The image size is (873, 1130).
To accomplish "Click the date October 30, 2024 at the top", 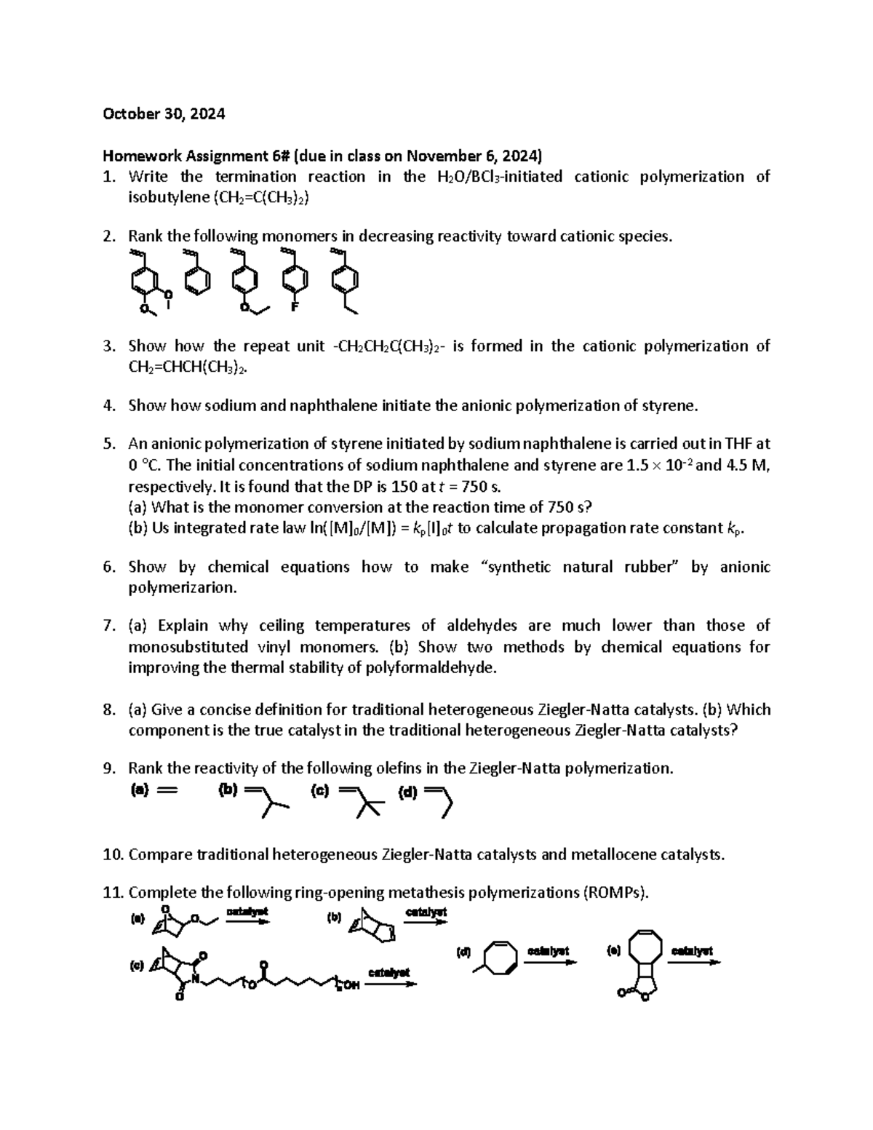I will pyautogui.click(x=164, y=114).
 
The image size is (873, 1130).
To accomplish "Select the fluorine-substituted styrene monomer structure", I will pyautogui.click(x=294, y=280).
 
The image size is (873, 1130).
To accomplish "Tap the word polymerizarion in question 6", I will pyautogui.click(x=183, y=588).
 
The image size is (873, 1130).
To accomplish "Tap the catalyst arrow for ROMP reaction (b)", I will pyautogui.click(x=426, y=920).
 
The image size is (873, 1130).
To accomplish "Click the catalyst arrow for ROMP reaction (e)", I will pyautogui.click(x=693, y=960).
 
